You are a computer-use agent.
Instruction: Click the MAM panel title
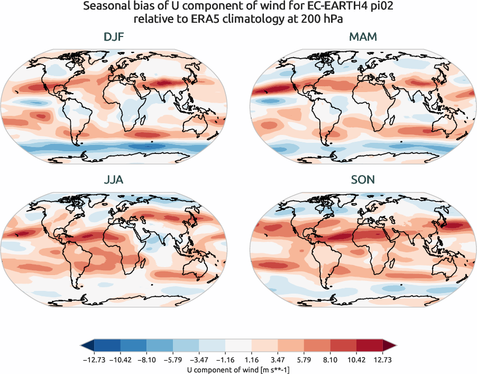click(363, 38)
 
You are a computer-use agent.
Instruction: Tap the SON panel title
click(363, 180)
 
